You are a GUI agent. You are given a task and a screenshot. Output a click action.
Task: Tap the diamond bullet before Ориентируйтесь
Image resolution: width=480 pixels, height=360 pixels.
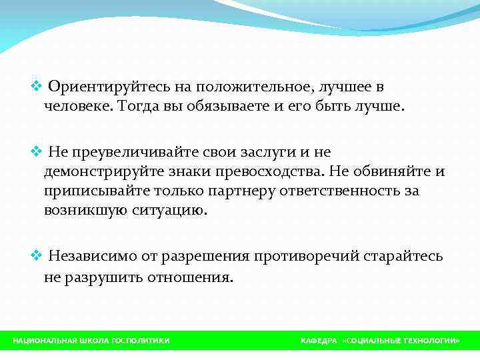(37, 87)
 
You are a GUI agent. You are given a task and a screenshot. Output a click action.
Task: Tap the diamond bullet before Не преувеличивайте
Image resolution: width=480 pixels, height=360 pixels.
(37, 153)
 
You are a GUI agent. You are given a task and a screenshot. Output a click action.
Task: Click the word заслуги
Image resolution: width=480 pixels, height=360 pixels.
(259, 153)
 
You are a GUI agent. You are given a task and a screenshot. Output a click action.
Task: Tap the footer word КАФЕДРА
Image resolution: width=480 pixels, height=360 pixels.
(319, 341)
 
